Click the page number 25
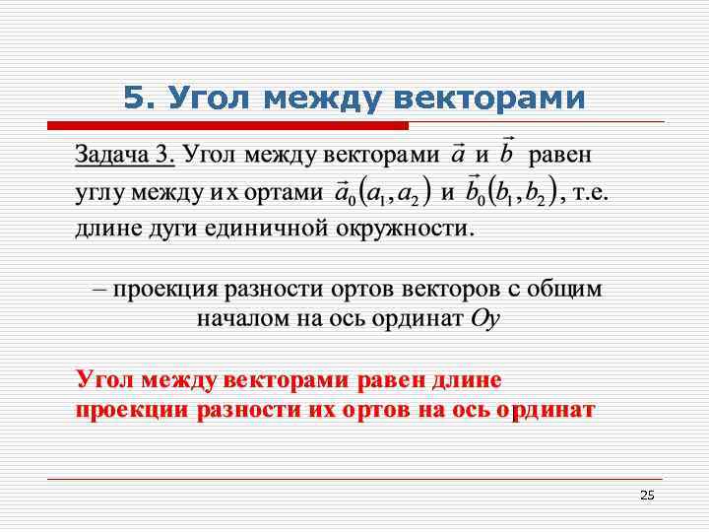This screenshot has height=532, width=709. click(647, 495)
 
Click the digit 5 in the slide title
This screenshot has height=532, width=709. click(134, 98)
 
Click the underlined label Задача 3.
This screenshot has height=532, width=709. click(126, 155)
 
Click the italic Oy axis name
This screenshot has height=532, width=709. click(486, 318)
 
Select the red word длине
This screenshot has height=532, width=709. click(466, 380)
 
